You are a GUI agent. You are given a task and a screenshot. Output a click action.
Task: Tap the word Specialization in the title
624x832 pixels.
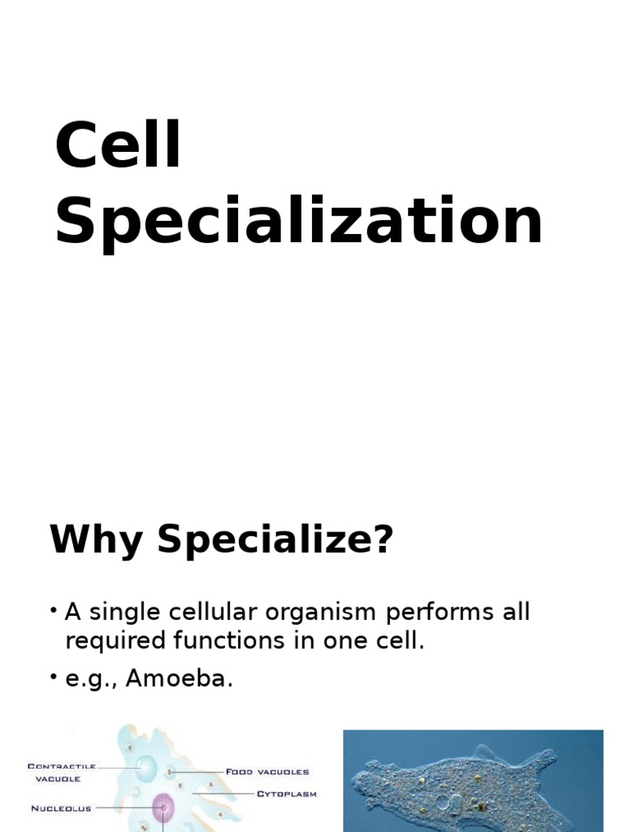click(x=298, y=221)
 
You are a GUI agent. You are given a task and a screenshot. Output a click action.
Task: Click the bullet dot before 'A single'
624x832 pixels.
click(x=53, y=610)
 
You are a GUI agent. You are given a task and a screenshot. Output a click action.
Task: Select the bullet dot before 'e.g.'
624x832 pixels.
click(x=53, y=678)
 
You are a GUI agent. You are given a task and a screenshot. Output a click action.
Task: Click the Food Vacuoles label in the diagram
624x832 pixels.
click(x=267, y=771)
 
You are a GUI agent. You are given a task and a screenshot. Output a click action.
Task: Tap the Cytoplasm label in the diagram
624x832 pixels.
click(x=287, y=794)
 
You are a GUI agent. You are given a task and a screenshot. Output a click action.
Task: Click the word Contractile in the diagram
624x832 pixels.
click(x=62, y=765)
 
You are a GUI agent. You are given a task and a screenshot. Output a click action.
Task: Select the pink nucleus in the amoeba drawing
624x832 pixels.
click(x=163, y=808)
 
